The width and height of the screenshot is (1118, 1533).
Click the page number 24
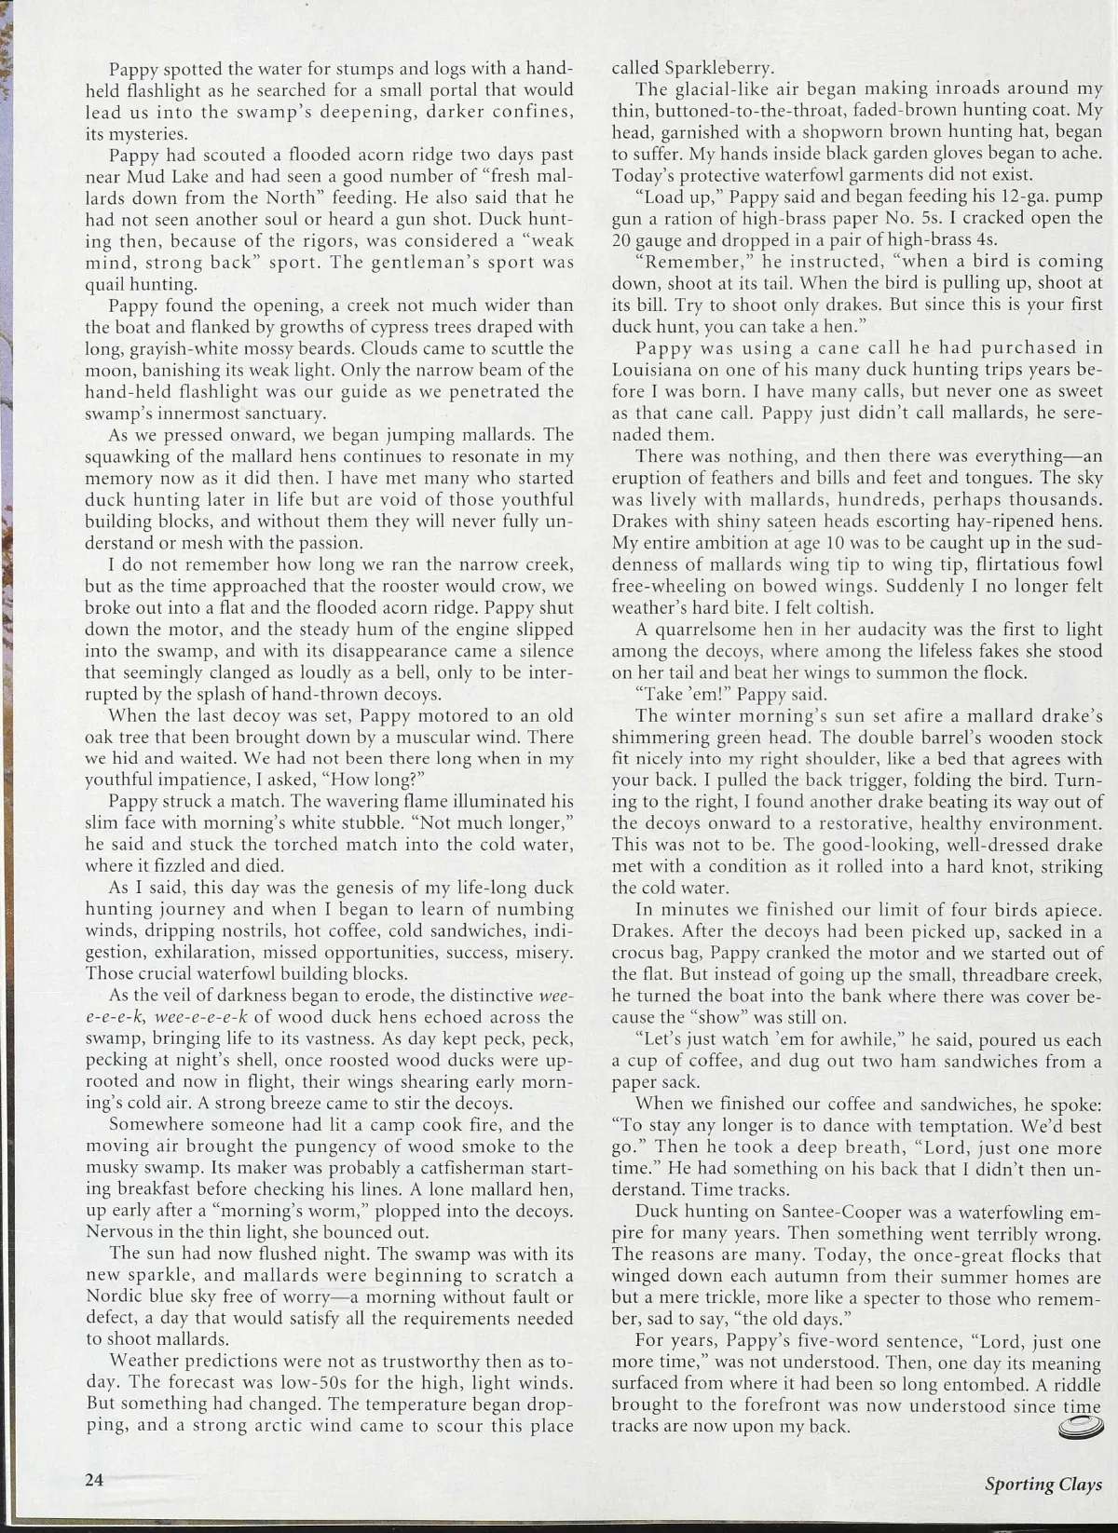pyautogui.click(x=93, y=1480)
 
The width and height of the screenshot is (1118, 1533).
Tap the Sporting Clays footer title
pyautogui.click(x=1043, y=1485)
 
